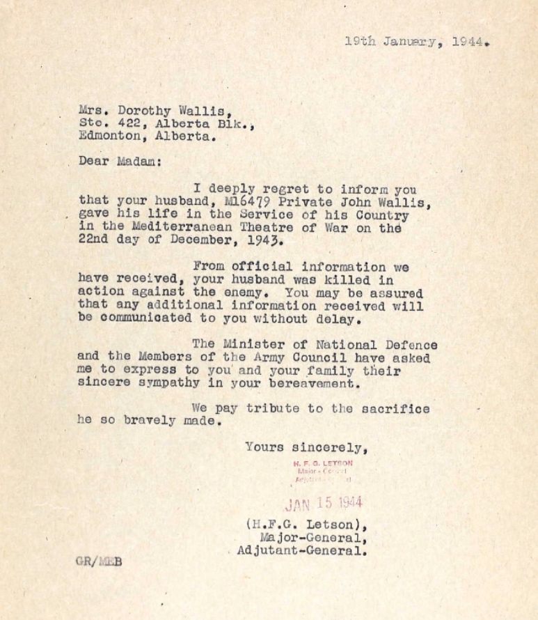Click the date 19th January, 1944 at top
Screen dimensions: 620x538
[x=416, y=41]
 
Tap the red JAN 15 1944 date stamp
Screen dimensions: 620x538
[x=324, y=503]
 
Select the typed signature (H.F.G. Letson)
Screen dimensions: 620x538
[x=303, y=525]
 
